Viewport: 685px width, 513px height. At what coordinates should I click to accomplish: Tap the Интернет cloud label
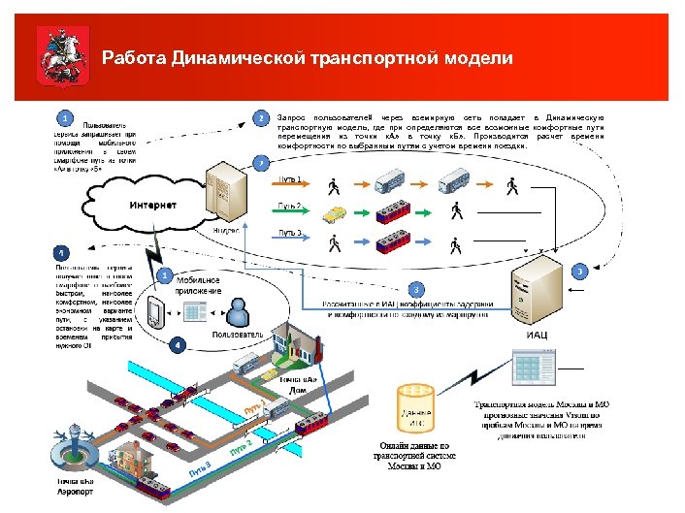click(x=153, y=206)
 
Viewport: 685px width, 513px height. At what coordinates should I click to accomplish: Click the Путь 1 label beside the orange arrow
click(x=291, y=179)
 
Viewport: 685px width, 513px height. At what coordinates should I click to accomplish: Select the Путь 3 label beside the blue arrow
click(x=291, y=233)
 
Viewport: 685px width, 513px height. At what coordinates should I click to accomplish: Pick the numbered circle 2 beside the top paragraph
click(x=261, y=118)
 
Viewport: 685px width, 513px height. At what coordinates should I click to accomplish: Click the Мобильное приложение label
click(x=198, y=285)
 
